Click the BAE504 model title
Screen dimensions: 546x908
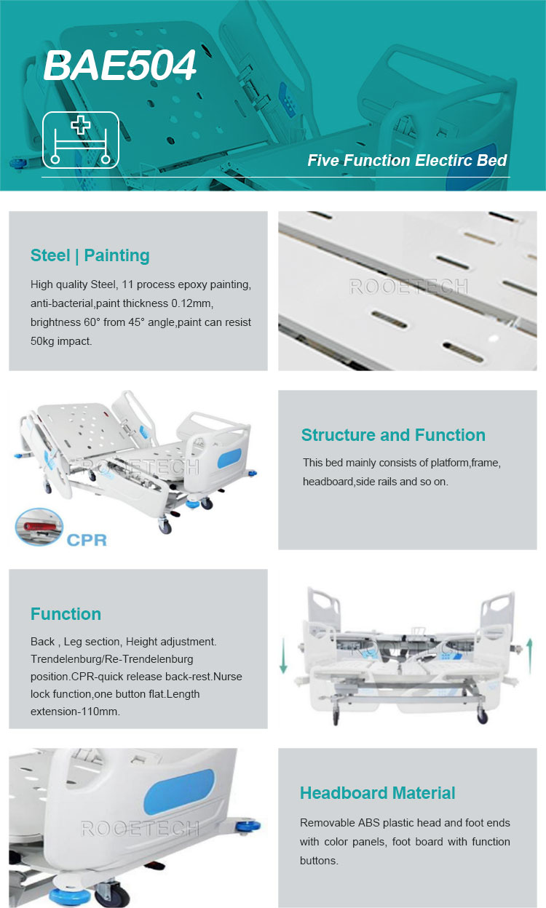(119, 65)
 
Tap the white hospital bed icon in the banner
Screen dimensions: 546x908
(81, 140)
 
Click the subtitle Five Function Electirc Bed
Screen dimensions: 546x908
(407, 161)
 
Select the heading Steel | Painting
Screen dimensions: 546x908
(90, 256)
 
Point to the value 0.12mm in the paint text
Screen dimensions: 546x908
(192, 303)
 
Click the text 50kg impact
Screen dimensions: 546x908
(61, 341)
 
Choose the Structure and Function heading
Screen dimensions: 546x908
(393, 435)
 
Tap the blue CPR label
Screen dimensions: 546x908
(87, 540)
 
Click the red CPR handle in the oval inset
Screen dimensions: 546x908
(40, 527)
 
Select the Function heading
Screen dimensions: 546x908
(66, 614)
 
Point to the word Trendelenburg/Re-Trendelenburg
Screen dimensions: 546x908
(112, 659)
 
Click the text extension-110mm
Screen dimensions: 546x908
(75, 712)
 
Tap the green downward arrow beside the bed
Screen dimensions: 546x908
(283, 656)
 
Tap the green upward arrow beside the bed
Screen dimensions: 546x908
(529, 656)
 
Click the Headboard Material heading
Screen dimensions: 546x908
(378, 793)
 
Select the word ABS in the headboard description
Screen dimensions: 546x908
(369, 823)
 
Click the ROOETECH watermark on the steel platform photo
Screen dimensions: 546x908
(408, 287)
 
